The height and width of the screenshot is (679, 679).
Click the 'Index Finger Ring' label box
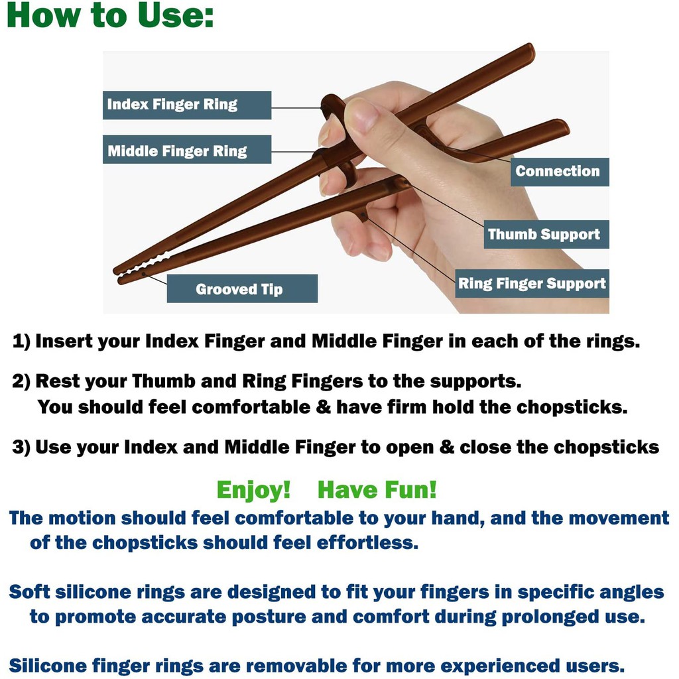tap(186, 105)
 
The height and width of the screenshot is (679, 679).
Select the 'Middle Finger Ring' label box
tap(186, 149)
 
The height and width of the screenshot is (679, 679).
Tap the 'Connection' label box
tap(560, 172)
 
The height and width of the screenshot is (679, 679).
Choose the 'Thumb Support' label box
tap(546, 234)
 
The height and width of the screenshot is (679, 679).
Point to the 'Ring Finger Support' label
tap(532, 284)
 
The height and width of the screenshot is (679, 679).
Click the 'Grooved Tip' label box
tap(242, 288)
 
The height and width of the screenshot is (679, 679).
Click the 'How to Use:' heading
tap(111, 16)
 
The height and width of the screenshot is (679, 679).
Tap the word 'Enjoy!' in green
tap(253, 490)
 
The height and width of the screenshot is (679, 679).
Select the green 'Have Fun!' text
tap(377, 490)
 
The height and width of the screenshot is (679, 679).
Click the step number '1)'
tap(21, 341)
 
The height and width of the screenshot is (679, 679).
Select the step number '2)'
tap(21, 381)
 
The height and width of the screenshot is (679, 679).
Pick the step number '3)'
tap(21, 448)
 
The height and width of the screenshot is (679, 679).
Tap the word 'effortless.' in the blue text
tap(367, 542)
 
